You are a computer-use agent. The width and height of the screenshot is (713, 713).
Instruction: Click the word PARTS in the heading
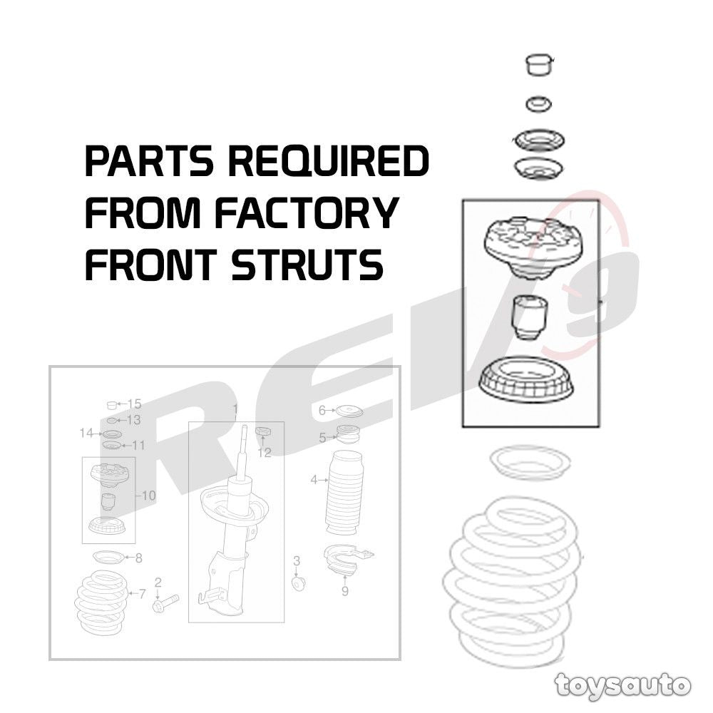(149, 161)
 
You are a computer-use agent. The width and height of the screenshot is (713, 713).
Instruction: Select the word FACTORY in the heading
(307, 212)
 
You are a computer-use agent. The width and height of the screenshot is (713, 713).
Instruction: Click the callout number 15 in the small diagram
(134, 404)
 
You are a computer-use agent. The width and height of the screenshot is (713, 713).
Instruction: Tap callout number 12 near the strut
(264, 452)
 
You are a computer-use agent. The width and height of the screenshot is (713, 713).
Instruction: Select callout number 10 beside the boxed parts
(149, 496)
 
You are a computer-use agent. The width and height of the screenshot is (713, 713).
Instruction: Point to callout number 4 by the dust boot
(314, 479)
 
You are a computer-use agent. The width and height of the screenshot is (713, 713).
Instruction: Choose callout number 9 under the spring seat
(344, 590)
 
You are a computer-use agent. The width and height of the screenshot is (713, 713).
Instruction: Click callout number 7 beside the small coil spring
(142, 593)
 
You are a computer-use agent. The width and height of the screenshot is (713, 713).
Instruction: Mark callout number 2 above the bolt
(158, 582)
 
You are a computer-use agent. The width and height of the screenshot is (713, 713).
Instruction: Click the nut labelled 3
(298, 583)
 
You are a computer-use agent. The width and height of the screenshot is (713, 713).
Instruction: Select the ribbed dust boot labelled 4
(343, 493)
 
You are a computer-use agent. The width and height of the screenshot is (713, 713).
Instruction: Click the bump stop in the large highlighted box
(528, 317)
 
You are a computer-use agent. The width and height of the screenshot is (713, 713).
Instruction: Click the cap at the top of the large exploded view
(539, 65)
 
